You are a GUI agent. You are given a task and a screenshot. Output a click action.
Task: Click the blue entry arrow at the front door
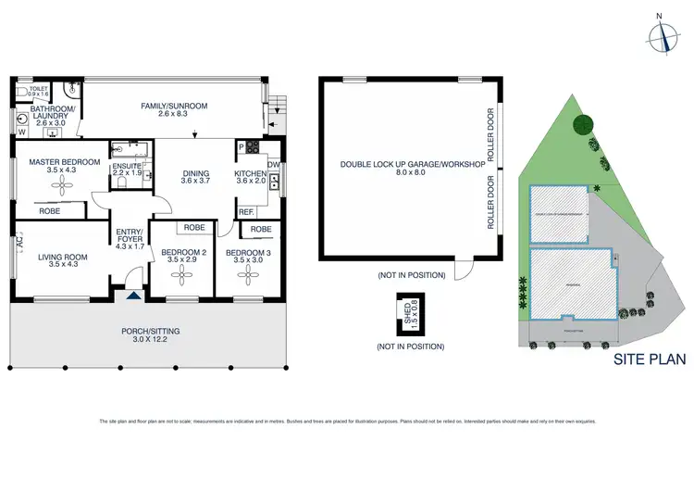pyautogui.click(x=135, y=295)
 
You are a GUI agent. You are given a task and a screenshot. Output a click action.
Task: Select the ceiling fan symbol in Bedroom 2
pyautogui.click(x=181, y=275)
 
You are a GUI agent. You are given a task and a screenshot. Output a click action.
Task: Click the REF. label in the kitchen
pyautogui.click(x=246, y=212)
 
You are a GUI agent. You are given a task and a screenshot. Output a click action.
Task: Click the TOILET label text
pyautogui.click(x=38, y=89)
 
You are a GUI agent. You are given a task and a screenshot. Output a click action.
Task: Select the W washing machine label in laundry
pyautogui.click(x=21, y=132)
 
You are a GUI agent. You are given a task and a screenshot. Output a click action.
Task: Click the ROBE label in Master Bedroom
pyautogui.click(x=50, y=211)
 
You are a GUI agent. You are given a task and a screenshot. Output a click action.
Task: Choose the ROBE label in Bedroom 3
pyautogui.click(x=261, y=228)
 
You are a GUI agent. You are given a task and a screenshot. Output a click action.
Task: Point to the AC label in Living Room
pyautogui.click(x=18, y=245)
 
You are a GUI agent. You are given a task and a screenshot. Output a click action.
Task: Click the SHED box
pyautogui.click(x=405, y=313)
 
